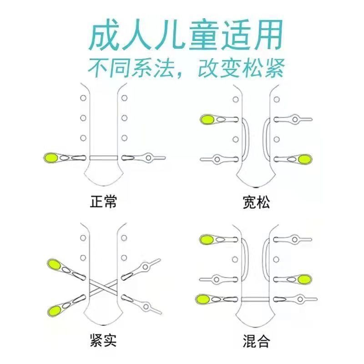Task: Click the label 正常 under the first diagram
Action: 104,202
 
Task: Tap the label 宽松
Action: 257,202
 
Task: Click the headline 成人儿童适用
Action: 185,36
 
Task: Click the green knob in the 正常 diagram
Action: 50,158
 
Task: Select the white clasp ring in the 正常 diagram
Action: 149,158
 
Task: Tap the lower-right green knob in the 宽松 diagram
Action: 306,159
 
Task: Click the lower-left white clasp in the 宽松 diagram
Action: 217,159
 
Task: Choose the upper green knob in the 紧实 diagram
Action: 55,264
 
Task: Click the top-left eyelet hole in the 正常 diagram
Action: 83,98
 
